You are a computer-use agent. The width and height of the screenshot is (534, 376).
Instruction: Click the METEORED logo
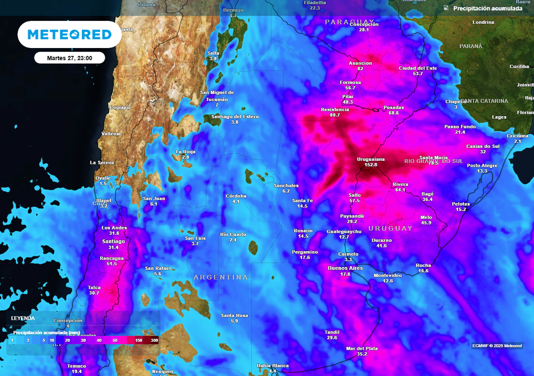(69, 34)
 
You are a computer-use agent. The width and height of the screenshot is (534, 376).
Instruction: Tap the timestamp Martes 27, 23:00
(69, 58)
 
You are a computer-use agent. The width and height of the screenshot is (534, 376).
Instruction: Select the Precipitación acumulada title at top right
(488, 8)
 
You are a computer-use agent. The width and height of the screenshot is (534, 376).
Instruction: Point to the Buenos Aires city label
(345, 268)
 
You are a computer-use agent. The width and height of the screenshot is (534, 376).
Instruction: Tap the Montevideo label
(387, 275)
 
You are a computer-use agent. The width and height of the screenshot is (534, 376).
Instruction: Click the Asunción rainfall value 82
(360, 69)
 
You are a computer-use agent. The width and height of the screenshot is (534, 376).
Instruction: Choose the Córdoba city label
(236, 196)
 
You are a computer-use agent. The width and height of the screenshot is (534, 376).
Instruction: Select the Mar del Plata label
(362, 348)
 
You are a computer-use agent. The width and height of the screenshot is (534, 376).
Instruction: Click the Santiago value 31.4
(113, 248)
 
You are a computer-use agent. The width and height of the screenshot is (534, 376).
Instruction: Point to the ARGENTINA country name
(221, 277)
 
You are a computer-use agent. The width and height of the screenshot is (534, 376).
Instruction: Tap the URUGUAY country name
(390, 229)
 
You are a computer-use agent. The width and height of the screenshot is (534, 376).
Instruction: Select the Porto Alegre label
(482, 166)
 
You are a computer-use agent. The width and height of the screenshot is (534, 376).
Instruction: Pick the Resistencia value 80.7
(335, 115)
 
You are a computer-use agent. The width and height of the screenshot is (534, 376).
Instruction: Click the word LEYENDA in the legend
(23, 318)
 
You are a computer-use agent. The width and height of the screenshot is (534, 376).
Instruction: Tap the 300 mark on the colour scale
(154, 340)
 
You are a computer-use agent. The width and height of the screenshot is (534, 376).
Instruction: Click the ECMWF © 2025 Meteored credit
(497, 346)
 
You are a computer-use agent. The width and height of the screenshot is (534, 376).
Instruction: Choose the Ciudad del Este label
(418, 68)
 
